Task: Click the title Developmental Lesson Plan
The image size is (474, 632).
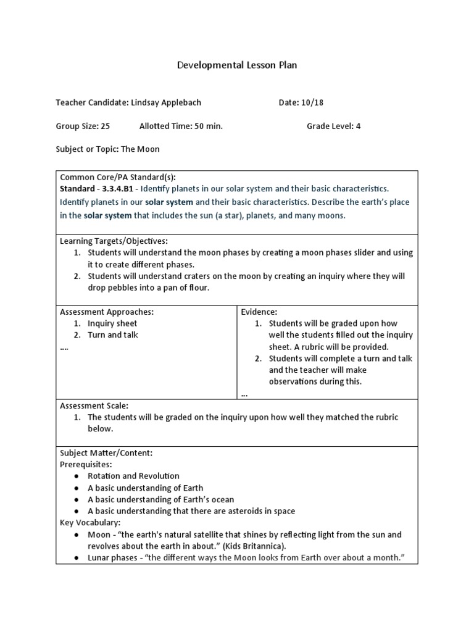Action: click(237, 65)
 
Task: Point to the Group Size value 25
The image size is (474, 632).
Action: click(105, 126)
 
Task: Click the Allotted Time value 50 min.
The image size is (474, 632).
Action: click(207, 126)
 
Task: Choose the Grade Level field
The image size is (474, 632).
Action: click(333, 126)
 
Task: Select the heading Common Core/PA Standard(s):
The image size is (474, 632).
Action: click(118, 177)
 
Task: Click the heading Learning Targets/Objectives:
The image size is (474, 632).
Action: click(114, 241)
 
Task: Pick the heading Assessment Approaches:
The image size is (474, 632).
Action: click(107, 312)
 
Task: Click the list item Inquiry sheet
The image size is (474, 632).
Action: click(112, 323)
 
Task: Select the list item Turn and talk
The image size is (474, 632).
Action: click(113, 335)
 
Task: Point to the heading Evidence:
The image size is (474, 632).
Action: click(259, 312)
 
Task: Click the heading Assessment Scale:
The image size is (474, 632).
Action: click(94, 405)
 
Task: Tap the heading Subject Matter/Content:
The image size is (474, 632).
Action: click(106, 452)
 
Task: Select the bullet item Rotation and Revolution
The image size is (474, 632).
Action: click(133, 476)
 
